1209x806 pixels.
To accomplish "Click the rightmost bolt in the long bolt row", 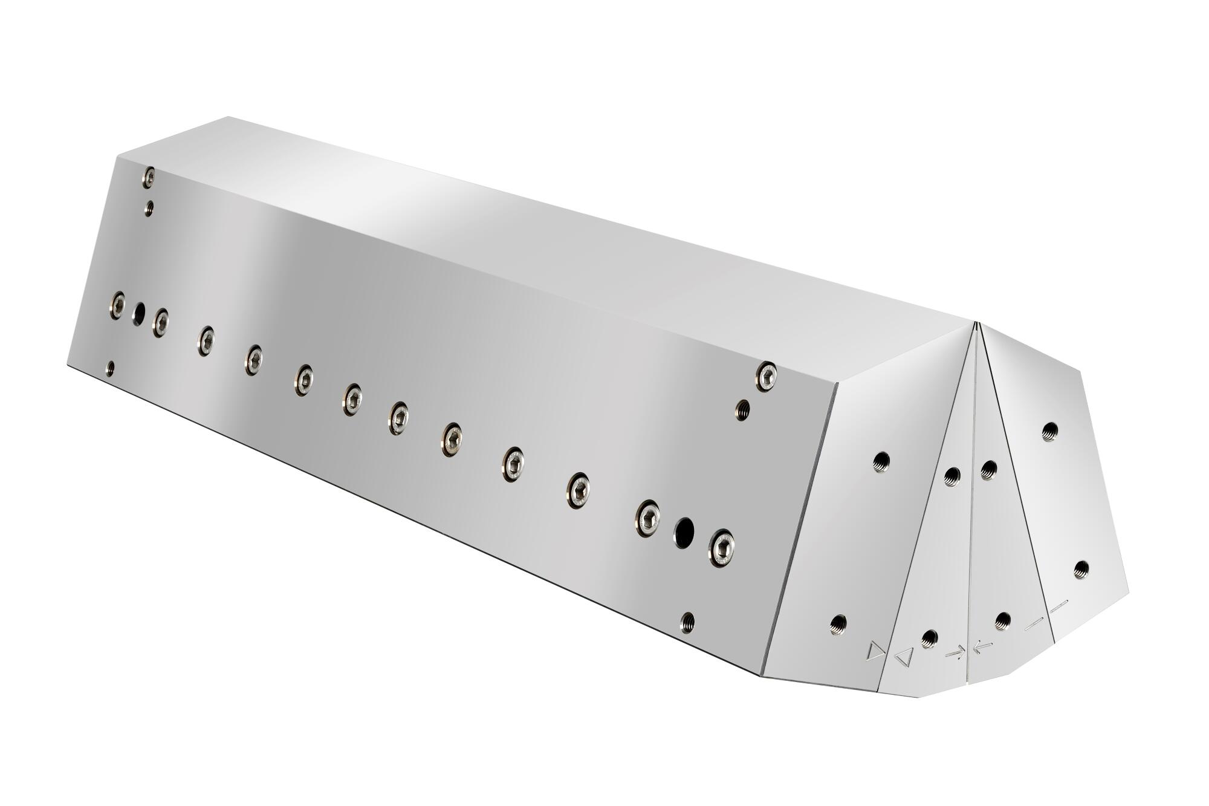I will click(x=722, y=548).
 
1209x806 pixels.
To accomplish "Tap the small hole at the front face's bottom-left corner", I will click(x=110, y=367).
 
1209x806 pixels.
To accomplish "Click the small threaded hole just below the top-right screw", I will click(x=742, y=409).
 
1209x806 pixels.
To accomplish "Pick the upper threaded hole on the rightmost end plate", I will click(x=1049, y=431).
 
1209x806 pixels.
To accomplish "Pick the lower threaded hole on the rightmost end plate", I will click(x=1081, y=569).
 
